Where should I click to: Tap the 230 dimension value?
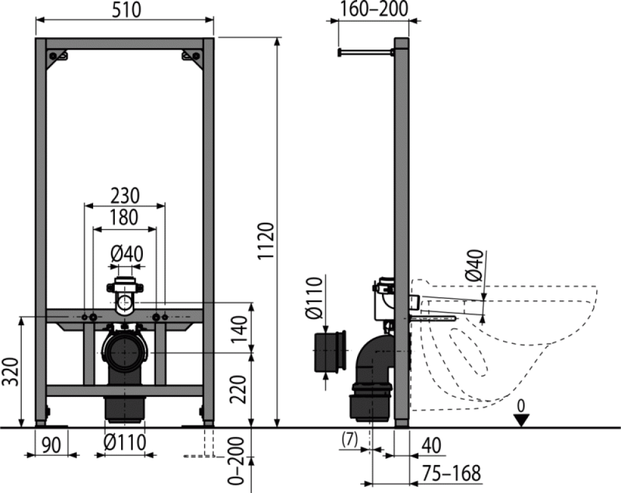click(x=125, y=196)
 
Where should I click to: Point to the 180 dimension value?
click(x=125, y=217)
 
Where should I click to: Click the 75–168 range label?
click(x=450, y=474)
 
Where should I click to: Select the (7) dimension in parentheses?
click(x=350, y=440)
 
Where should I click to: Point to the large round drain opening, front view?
click(x=125, y=352)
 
